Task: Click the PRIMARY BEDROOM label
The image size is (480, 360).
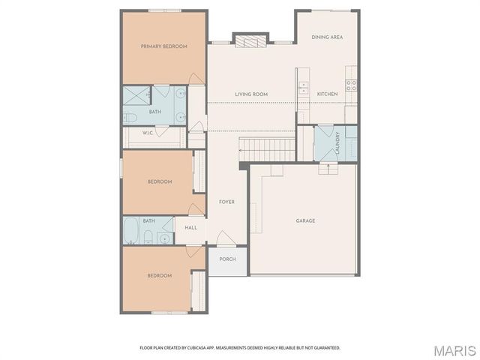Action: (x=164, y=46)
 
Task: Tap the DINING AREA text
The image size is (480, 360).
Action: (x=327, y=37)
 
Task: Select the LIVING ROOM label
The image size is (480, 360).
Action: (x=251, y=94)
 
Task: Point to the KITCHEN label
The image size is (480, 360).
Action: (x=327, y=94)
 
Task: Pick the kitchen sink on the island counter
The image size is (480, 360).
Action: (x=304, y=88)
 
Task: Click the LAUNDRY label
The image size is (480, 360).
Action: (x=338, y=142)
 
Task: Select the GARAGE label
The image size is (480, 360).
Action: (x=305, y=220)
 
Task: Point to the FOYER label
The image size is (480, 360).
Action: (x=226, y=202)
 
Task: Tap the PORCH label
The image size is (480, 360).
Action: (x=227, y=259)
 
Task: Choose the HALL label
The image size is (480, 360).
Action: (x=190, y=226)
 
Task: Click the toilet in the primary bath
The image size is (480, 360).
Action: (x=130, y=117)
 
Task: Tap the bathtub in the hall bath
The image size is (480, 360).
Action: (x=133, y=229)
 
